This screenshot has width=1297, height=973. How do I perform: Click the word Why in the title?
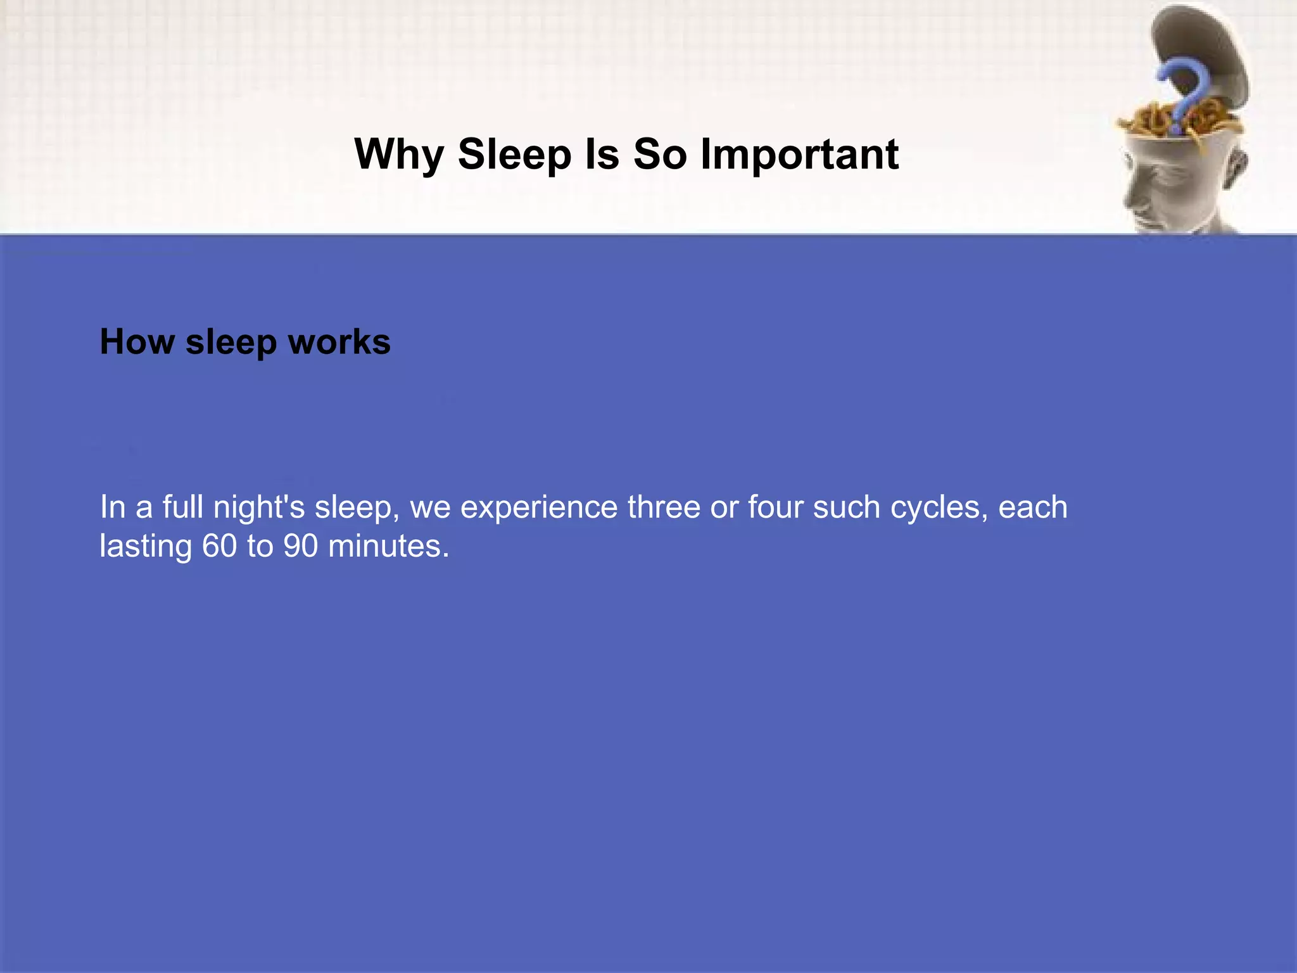[x=399, y=155]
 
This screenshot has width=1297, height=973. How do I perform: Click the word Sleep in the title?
[x=514, y=155]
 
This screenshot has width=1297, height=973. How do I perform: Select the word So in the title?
[x=660, y=154]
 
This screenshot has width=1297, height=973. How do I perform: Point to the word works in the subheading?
[x=339, y=342]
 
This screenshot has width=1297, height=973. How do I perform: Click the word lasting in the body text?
[x=146, y=546]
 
